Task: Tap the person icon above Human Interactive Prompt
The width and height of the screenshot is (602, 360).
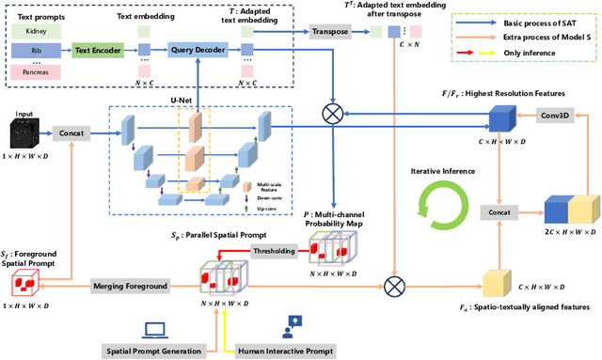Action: click(293, 326)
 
